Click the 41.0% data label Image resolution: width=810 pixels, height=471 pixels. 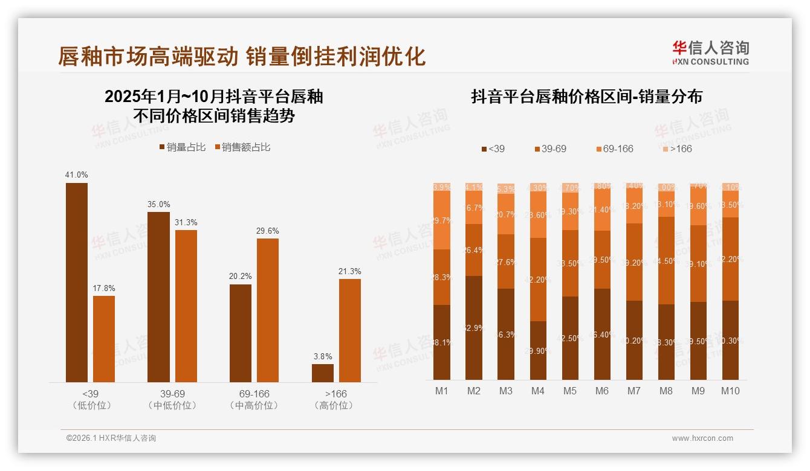76,175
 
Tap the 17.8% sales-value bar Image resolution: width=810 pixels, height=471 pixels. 104,339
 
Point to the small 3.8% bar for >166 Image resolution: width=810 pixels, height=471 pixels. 323,373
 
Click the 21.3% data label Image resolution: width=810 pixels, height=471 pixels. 350,271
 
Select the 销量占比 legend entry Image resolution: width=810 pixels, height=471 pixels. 183,147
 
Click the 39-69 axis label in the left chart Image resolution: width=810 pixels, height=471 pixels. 172,394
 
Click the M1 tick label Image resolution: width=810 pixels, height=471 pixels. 442,391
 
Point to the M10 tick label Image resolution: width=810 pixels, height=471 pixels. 730,391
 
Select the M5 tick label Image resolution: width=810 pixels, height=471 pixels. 570,391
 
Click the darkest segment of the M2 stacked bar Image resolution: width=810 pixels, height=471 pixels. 474,327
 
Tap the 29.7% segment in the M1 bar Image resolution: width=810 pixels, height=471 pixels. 442,220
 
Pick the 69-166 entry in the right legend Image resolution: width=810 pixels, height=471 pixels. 614,149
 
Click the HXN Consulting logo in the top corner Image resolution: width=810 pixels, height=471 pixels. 710,53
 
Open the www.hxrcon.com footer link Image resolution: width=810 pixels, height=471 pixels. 702,438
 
